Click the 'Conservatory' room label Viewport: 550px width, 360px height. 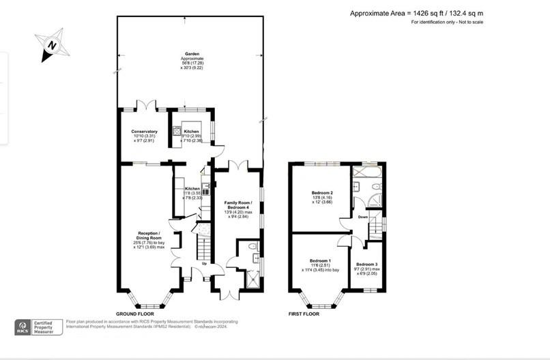click(x=144, y=132)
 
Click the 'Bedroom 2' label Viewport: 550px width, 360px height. click(x=321, y=192)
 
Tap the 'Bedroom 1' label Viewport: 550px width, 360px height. click(x=321, y=261)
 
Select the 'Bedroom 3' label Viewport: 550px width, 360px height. click(x=366, y=264)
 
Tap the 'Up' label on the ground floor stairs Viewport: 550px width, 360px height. click(x=203, y=262)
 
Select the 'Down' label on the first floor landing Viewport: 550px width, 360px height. click(x=362, y=217)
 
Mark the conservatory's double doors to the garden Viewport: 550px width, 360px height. click(x=145, y=106)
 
